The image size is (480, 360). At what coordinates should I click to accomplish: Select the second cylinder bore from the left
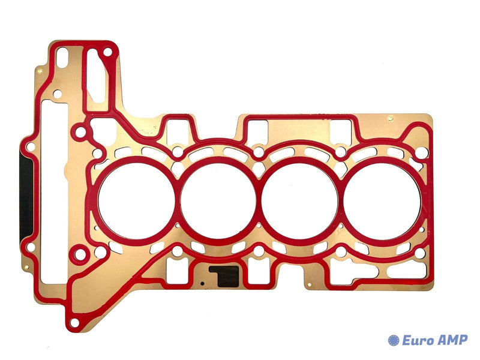click(x=218, y=200)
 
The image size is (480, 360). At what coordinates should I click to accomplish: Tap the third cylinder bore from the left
click(x=299, y=200)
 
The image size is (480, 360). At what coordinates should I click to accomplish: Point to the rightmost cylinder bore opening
click(x=382, y=200)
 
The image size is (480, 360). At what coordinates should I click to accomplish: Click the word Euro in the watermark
click(x=419, y=340)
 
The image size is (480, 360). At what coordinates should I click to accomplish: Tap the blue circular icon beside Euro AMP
click(x=394, y=340)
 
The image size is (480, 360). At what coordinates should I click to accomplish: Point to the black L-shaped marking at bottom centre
click(x=226, y=276)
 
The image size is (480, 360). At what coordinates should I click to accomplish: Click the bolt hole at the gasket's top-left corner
click(x=107, y=52)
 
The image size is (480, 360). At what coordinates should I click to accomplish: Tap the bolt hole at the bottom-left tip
click(x=74, y=323)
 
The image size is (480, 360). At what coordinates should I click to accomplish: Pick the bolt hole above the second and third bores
click(x=259, y=153)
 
